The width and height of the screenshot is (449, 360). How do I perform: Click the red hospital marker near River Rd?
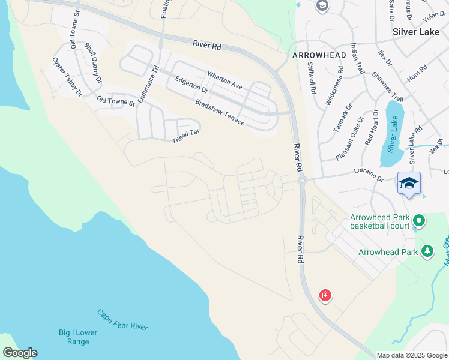325,296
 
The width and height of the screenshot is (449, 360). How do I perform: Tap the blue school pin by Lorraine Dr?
409,183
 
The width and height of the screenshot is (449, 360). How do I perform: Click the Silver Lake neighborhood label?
417,32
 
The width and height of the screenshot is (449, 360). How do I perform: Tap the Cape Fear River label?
122,319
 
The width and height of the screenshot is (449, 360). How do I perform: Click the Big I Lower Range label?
74,337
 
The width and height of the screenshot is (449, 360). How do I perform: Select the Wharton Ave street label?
224,80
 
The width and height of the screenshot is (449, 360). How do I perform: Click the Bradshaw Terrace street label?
219,112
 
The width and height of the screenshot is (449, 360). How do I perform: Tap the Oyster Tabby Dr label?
67,77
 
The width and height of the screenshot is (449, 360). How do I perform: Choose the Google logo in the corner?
20,353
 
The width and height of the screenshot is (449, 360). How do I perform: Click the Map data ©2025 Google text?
412,355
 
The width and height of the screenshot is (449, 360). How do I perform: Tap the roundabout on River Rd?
302,181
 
